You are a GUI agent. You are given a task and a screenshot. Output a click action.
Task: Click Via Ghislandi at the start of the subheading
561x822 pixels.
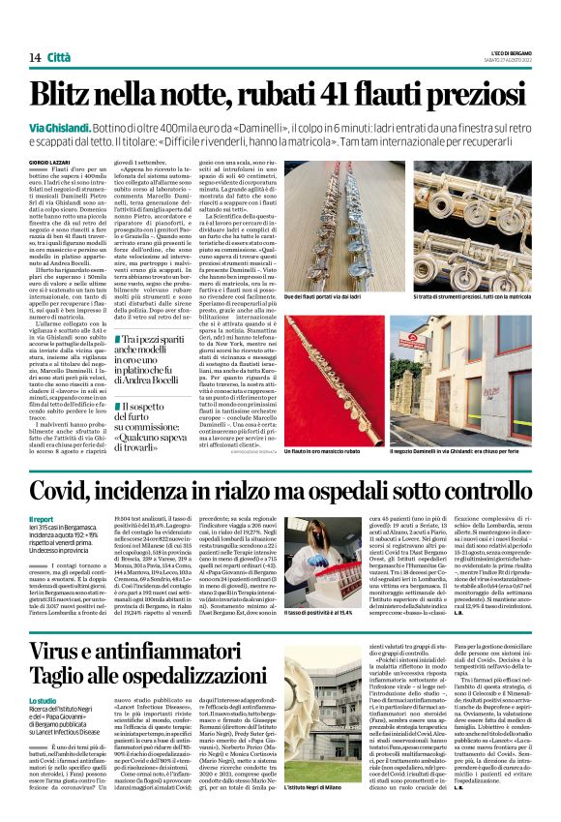pyautogui.click(x=59, y=128)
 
